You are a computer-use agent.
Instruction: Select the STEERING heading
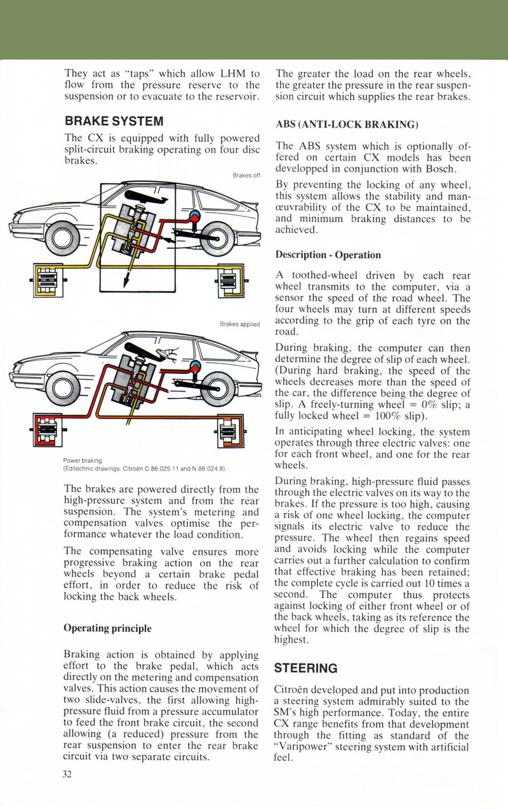click(x=305, y=668)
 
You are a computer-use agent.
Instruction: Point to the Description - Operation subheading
click(x=328, y=255)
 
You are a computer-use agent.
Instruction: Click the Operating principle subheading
click(x=108, y=628)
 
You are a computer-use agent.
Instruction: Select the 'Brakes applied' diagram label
click(x=240, y=324)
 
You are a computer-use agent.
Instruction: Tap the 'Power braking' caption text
click(x=83, y=460)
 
